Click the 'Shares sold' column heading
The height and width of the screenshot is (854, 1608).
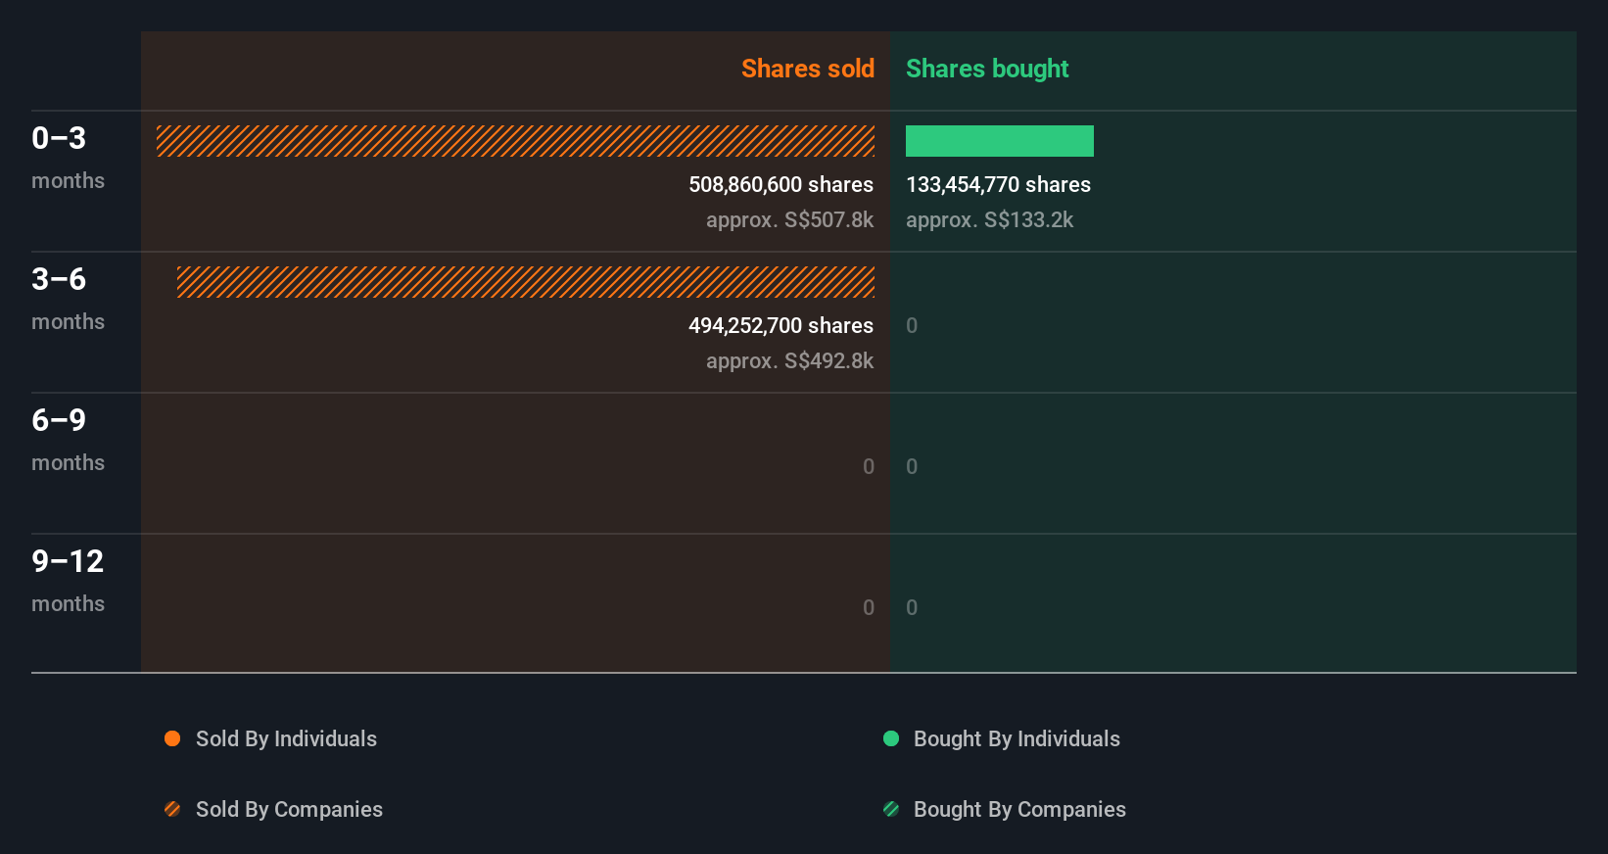[x=807, y=69]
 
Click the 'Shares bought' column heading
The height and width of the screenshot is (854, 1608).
[x=986, y=69]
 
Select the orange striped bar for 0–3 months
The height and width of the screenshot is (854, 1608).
[x=515, y=141]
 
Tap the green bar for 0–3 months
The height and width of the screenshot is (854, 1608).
[x=999, y=141]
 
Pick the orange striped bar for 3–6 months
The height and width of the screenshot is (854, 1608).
[x=526, y=282]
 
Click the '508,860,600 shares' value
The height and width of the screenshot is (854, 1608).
[x=780, y=184]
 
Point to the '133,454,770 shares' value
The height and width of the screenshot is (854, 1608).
[x=998, y=184]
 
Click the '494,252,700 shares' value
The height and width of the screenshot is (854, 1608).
[x=780, y=325]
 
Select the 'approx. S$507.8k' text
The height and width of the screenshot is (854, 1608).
[x=789, y=219]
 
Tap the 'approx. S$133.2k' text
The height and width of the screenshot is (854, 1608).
[x=989, y=219]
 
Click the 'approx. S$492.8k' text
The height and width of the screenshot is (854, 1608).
[x=789, y=360]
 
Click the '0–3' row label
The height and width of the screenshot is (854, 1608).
[x=59, y=138]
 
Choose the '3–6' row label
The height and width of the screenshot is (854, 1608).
[x=59, y=279]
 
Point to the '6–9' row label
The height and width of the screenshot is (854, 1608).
[x=59, y=420]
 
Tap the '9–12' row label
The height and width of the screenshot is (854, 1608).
[x=68, y=561]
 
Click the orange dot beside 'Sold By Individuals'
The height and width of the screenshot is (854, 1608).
[x=172, y=738]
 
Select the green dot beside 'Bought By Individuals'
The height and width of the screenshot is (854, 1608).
[x=891, y=738]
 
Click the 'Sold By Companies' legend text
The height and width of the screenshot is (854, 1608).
[x=289, y=809]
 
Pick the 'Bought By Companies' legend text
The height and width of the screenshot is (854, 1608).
[x=1019, y=809]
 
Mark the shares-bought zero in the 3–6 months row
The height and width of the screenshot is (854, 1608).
[x=912, y=325]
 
